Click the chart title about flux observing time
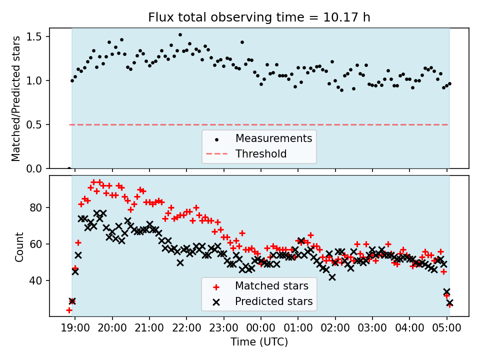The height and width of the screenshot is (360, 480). [259, 17]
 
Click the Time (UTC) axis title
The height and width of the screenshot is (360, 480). [259, 342]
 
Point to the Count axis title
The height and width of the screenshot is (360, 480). [19, 246]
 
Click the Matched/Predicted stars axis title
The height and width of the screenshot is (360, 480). [16, 98]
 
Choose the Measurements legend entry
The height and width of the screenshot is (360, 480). [273, 138]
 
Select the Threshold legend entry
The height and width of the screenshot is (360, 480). [261, 154]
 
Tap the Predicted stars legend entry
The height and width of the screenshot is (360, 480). [273, 301]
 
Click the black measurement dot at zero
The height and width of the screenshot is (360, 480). [69, 168]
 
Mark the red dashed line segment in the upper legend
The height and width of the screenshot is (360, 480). [216, 154]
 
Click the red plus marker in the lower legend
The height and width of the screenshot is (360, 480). [216, 286]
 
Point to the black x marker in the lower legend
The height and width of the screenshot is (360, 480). [216, 301]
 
